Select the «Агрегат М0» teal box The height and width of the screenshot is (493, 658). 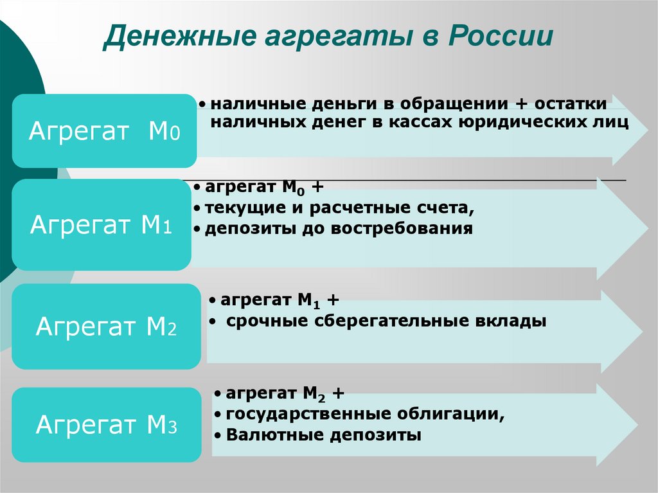[104, 131]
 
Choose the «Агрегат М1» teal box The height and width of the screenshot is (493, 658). [101, 224]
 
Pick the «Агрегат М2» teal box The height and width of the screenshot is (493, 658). [106, 327]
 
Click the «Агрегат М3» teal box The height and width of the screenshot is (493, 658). [106, 425]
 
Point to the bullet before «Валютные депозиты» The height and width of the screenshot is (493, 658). [218, 436]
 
